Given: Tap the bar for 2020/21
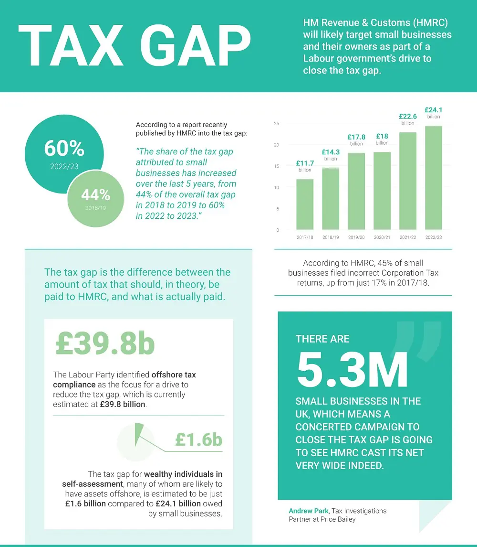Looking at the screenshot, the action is pyautogui.click(x=382, y=191).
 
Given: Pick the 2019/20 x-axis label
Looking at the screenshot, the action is pyautogui.click(x=356, y=237).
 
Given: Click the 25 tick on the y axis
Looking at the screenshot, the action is pyautogui.click(x=276, y=124).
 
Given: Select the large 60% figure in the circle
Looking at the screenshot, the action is pyautogui.click(x=64, y=149).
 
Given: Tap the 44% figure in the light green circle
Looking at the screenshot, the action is pyautogui.click(x=95, y=195).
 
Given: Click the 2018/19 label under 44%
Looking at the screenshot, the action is pyautogui.click(x=96, y=208).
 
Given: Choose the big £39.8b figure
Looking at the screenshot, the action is pyautogui.click(x=105, y=344).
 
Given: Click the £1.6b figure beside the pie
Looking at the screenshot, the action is pyautogui.click(x=198, y=439).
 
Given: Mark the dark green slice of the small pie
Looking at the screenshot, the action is pyautogui.click(x=139, y=431).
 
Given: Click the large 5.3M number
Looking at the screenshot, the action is pyautogui.click(x=352, y=371).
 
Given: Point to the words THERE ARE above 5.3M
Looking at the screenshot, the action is pyautogui.click(x=322, y=339).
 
